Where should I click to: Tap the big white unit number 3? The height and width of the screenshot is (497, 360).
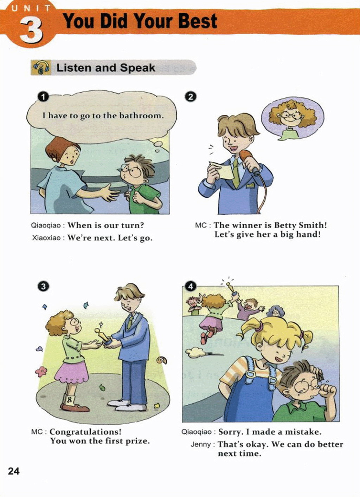click(x=31, y=31)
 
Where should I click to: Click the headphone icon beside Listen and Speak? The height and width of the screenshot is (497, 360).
click(x=41, y=67)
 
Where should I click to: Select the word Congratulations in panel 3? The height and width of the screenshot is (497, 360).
click(x=85, y=432)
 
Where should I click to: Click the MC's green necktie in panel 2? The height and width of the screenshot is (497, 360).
click(x=236, y=173)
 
